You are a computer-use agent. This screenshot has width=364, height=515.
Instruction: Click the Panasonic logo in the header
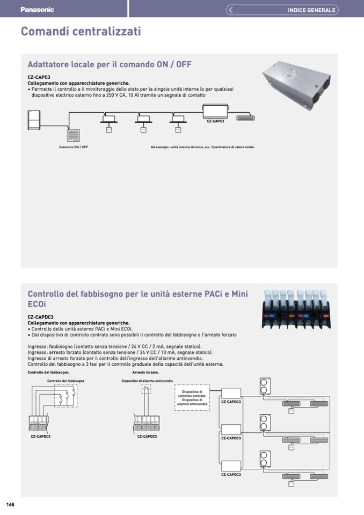[37, 10]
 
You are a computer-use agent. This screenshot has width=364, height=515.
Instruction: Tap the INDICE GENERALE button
[311, 10]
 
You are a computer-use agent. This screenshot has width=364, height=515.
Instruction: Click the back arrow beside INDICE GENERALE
[230, 10]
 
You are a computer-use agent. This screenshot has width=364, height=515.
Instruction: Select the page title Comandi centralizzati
[81, 32]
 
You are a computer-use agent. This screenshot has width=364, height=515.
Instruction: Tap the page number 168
[10, 504]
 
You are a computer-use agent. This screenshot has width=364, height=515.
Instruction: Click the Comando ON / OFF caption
[74, 147]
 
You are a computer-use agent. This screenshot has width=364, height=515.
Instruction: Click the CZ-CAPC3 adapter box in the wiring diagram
[215, 112]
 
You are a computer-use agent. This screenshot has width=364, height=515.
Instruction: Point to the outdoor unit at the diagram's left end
[34, 119]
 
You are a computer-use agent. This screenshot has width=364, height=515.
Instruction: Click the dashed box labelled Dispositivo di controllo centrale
[192, 398]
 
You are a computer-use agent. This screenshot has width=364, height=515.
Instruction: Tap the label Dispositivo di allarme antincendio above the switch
[147, 381]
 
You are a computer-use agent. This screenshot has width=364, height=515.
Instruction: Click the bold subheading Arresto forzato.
[145, 372]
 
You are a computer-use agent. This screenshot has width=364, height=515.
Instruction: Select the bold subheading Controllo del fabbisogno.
[48, 372]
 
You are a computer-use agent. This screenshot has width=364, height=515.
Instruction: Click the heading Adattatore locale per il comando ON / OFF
[110, 64]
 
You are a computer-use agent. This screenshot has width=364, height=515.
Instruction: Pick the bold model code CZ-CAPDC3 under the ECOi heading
[40, 317]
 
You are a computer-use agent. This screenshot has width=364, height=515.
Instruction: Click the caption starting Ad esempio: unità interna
[202, 147]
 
